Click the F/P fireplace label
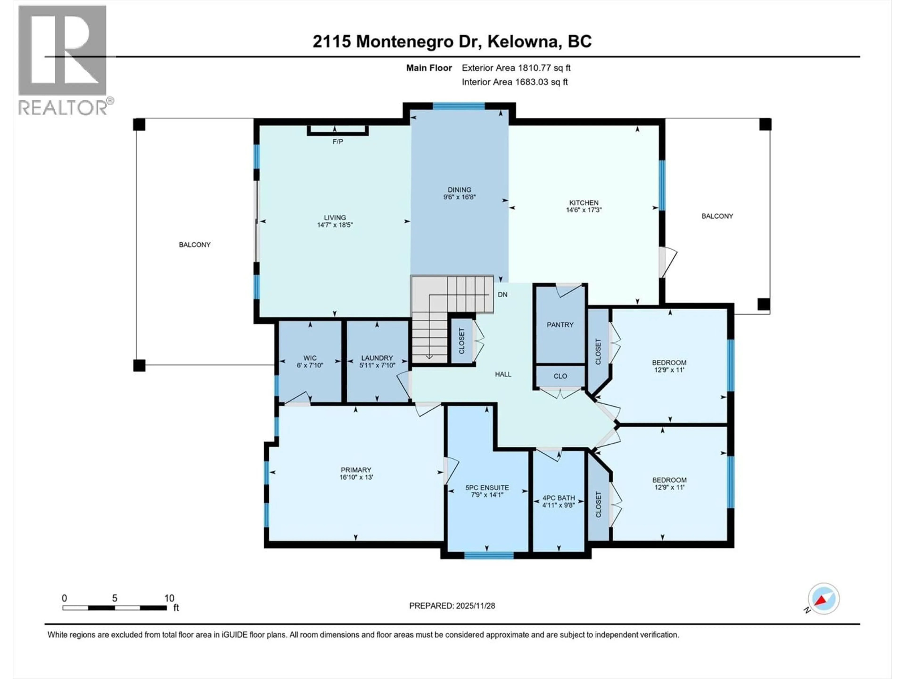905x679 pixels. click(x=337, y=142)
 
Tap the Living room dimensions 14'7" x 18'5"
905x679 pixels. click(x=335, y=225)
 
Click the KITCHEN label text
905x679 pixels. click(x=584, y=203)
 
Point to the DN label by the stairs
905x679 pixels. click(x=502, y=294)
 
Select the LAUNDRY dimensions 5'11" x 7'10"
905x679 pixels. click(x=377, y=365)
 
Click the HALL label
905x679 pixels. click(x=503, y=374)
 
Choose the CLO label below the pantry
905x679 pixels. click(x=560, y=376)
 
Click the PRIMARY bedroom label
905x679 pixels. click(x=356, y=470)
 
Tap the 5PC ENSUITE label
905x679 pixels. click(x=487, y=488)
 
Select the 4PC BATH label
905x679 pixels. click(x=559, y=498)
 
